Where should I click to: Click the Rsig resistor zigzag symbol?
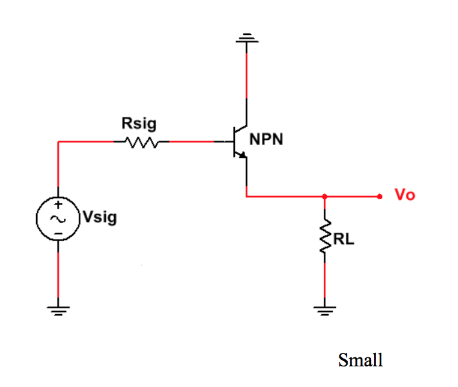click(x=141, y=142)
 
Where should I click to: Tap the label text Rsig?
click(x=139, y=123)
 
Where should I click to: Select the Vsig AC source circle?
click(x=58, y=219)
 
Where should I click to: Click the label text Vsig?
click(x=99, y=217)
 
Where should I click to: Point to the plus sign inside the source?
click(x=58, y=205)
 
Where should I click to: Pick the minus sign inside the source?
click(x=58, y=233)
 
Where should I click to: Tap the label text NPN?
click(x=266, y=139)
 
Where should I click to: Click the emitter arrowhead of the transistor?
click(x=242, y=155)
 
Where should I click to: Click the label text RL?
click(x=344, y=240)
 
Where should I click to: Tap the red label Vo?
click(x=404, y=195)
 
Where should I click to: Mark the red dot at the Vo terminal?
click(x=381, y=196)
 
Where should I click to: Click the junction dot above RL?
click(x=324, y=196)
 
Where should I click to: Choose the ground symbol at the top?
click(x=247, y=40)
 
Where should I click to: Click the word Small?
click(x=361, y=360)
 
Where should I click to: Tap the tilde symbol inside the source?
click(x=58, y=219)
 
